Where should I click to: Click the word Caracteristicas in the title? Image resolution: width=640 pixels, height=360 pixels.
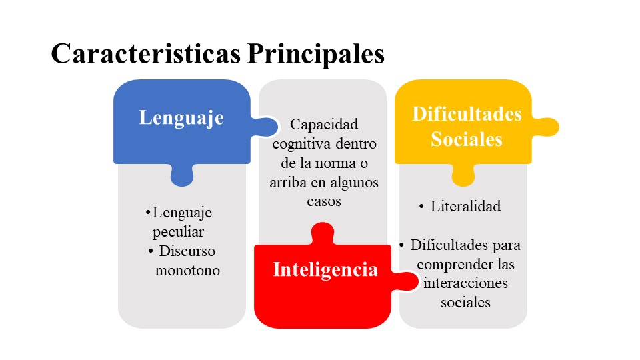[146, 53]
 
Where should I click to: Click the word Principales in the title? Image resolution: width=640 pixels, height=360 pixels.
[316, 54]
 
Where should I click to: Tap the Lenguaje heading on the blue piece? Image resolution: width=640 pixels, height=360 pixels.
[181, 119]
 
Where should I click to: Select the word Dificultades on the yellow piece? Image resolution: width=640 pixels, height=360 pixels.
[467, 114]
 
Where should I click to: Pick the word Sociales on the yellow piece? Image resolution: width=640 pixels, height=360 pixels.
[467, 139]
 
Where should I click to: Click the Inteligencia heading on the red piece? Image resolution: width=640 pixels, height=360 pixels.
[325, 270]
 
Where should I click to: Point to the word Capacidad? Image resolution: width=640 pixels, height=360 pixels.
[324, 124]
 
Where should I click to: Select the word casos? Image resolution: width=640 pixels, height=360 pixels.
[324, 201]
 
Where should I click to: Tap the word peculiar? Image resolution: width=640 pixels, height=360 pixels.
[178, 232]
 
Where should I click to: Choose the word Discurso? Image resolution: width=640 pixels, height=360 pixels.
[187, 251]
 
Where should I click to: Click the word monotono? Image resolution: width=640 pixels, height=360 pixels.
[187, 270]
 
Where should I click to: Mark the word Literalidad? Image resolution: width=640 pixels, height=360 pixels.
[465, 206]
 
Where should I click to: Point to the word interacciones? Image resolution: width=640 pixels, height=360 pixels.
[465, 283]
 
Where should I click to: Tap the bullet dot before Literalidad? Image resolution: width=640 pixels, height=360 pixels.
[421, 207]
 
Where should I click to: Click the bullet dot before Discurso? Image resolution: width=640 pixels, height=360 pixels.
[151, 251]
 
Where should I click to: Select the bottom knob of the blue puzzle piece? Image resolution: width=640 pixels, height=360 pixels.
[181, 175]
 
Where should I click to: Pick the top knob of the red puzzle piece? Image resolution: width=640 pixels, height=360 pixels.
[323, 233]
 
